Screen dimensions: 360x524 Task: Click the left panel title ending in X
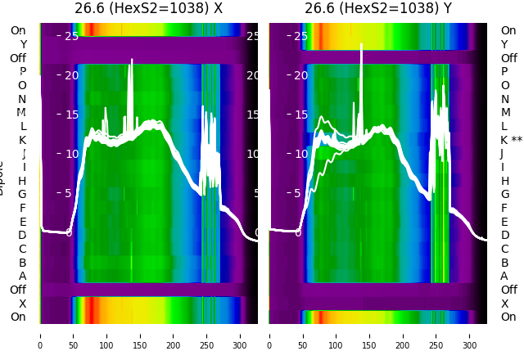[x=148, y=9]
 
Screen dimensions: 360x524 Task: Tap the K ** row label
[x=511, y=140]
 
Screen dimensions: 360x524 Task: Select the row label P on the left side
[x=22, y=72]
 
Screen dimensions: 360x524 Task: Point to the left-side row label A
[x=22, y=276]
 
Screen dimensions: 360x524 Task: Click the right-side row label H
[x=504, y=181]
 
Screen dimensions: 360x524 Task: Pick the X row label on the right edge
[x=504, y=304]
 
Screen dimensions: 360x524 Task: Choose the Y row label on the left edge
[x=22, y=44]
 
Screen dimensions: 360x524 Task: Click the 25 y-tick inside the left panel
[x=71, y=36]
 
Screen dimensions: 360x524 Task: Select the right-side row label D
[x=504, y=235]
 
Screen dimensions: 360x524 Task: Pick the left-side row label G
[x=22, y=194]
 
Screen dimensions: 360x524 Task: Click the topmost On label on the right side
[x=508, y=30]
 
